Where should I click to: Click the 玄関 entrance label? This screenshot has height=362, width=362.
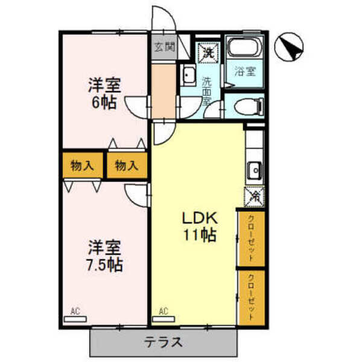(x=160, y=47)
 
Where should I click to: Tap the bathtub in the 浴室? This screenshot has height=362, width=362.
(x=245, y=48)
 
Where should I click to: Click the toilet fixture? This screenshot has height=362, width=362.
(x=247, y=107)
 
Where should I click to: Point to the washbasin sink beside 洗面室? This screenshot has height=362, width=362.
(x=188, y=77)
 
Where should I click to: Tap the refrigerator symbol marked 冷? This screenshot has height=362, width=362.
(x=255, y=195)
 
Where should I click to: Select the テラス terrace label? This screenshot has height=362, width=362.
(x=163, y=342)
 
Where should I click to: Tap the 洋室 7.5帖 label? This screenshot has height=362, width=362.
(x=104, y=256)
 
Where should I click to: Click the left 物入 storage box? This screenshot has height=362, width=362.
(x=82, y=165)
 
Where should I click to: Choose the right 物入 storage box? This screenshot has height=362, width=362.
(x=127, y=165)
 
